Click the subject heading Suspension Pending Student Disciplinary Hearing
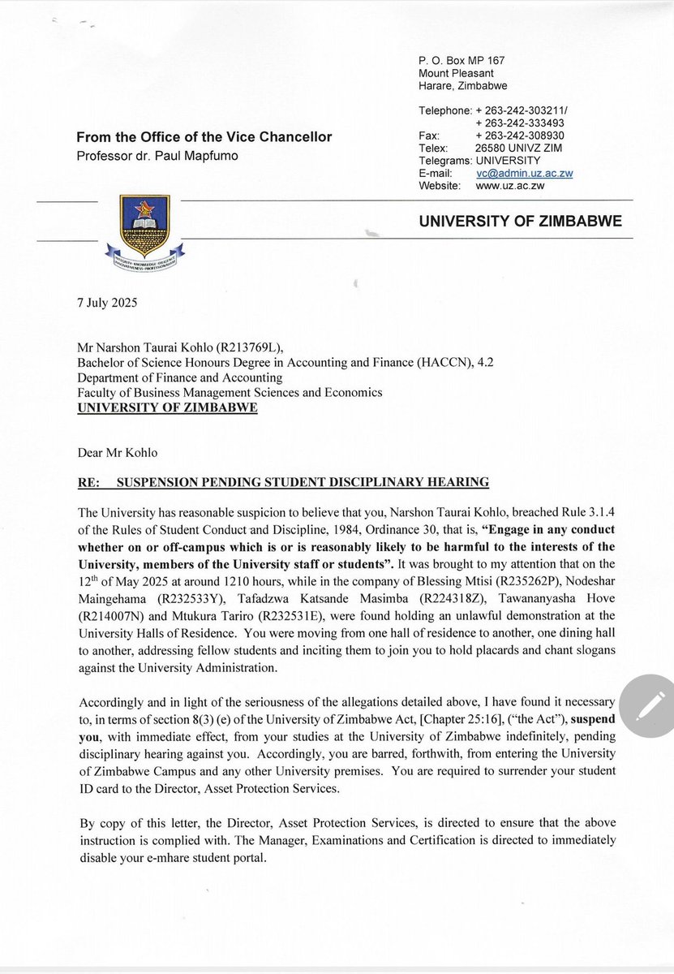click(303, 482)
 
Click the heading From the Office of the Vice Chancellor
click(204, 137)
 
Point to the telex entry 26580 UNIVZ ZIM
click(519, 149)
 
